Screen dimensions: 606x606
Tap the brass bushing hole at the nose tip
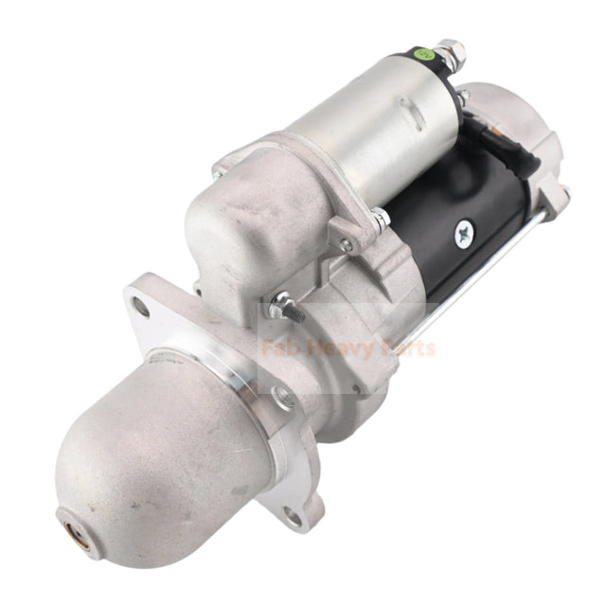click(x=71, y=518)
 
